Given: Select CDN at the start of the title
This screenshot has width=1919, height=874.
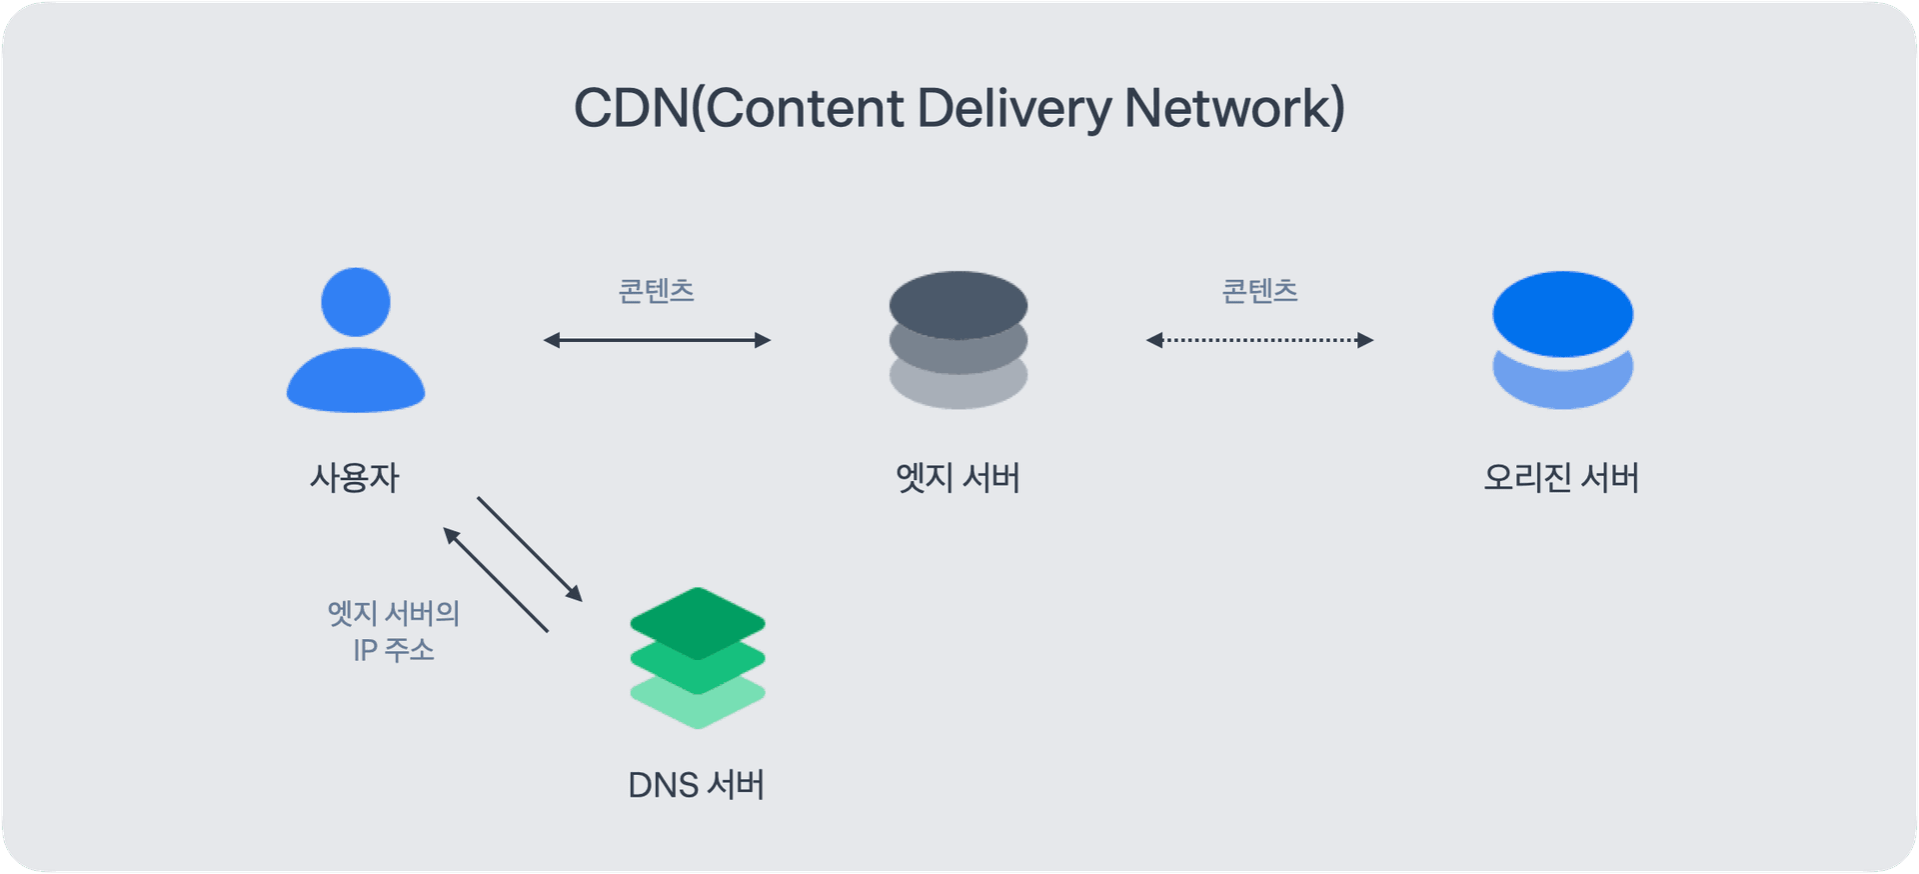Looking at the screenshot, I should point(631,108).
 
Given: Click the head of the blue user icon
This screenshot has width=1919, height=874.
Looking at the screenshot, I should point(356,302).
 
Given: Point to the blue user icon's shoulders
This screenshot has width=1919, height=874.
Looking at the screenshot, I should point(356,383).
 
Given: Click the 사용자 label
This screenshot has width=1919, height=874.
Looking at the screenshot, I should point(355,477).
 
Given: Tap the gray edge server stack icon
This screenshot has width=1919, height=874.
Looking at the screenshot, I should point(959,340).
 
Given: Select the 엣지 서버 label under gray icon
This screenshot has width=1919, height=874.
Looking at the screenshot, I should point(958,477).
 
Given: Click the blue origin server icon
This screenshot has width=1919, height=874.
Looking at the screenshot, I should point(1562,340).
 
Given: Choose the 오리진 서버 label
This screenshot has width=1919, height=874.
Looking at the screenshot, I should point(1561,477).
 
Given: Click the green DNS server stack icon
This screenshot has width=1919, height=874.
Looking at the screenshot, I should point(698,658).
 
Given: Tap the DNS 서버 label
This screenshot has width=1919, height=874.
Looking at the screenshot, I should point(697,785).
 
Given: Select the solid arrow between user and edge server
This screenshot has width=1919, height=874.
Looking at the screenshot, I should point(657,340).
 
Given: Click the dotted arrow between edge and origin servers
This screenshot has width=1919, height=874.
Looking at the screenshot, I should point(1259,340).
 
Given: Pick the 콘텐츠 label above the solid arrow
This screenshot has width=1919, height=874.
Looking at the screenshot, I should point(657,291).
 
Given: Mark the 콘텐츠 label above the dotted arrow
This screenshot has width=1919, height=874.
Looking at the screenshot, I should point(1259,291).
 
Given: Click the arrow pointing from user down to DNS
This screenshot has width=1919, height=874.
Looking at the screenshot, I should point(530,549).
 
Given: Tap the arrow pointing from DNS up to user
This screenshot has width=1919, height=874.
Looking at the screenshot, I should point(496,580).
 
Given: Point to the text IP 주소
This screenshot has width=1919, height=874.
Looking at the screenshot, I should point(394,650).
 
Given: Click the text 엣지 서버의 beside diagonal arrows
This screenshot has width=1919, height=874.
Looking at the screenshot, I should point(394,613).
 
